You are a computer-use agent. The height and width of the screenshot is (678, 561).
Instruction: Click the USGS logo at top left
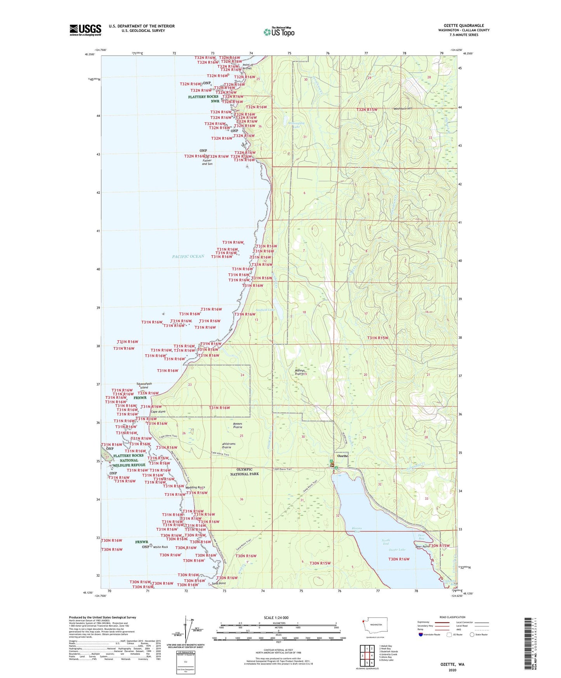pyautogui.click(x=85, y=30)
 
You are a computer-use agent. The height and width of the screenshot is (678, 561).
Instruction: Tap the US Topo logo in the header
pyautogui.click(x=279, y=32)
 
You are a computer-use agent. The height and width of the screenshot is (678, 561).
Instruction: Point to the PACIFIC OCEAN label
pyautogui.click(x=188, y=256)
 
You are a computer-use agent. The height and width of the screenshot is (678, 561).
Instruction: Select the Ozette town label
pyautogui.click(x=342, y=456)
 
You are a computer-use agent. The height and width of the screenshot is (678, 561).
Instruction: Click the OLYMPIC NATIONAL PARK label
pyautogui.click(x=244, y=472)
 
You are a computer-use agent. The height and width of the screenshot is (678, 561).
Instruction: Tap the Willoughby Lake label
pyautogui.click(x=297, y=125)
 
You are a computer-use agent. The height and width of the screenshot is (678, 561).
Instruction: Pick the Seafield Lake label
pyautogui.click(x=265, y=310)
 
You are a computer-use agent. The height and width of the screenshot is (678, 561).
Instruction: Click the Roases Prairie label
pyautogui.click(x=232, y=425)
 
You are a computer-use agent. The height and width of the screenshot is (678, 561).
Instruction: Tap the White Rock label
pyautogui.click(x=160, y=547)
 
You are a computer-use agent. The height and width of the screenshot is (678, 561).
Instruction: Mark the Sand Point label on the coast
pyautogui.click(x=219, y=583)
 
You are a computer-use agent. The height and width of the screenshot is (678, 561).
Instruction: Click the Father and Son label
pyautogui.click(x=207, y=162)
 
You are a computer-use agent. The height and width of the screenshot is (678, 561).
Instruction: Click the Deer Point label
pyautogui.click(x=422, y=547)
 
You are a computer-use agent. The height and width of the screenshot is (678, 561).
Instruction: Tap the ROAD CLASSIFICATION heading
pyautogui.click(x=452, y=617)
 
